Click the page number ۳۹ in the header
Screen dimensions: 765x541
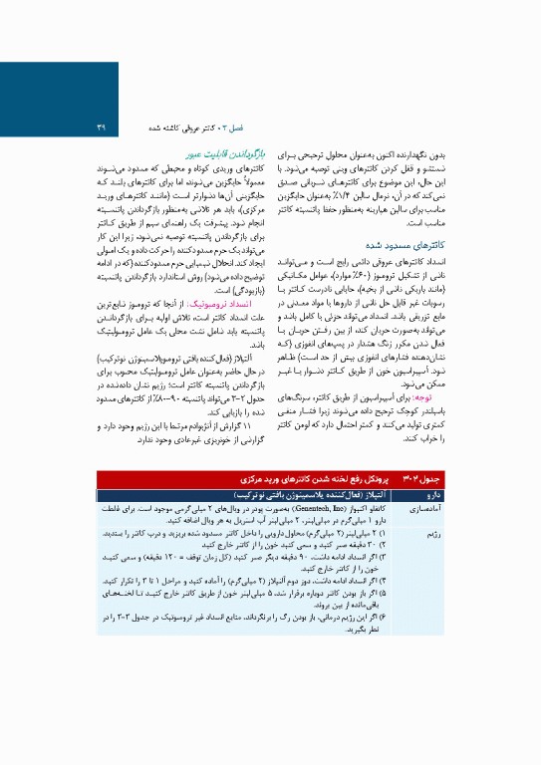pyautogui.click(x=102, y=127)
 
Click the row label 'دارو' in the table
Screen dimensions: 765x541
pyautogui.click(x=461, y=493)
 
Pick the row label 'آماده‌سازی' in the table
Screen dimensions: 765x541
pyautogui.click(x=452, y=508)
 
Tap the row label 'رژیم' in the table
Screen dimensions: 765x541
pyautogui.click(x=459, y=535)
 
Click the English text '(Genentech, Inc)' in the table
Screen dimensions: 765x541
pyautogui.click(x=328, y=507)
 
